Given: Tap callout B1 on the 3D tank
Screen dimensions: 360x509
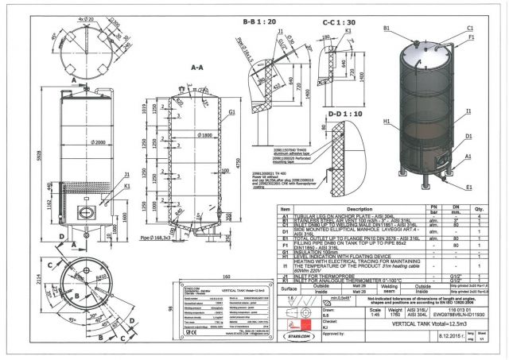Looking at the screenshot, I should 387,28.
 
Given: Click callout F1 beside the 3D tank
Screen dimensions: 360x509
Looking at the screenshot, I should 471,37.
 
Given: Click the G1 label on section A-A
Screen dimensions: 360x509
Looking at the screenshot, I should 231,113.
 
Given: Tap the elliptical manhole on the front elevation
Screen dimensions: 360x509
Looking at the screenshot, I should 85,213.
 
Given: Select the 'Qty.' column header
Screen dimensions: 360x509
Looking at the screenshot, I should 479,210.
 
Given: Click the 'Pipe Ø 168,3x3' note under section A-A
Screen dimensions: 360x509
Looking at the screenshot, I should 158,236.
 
